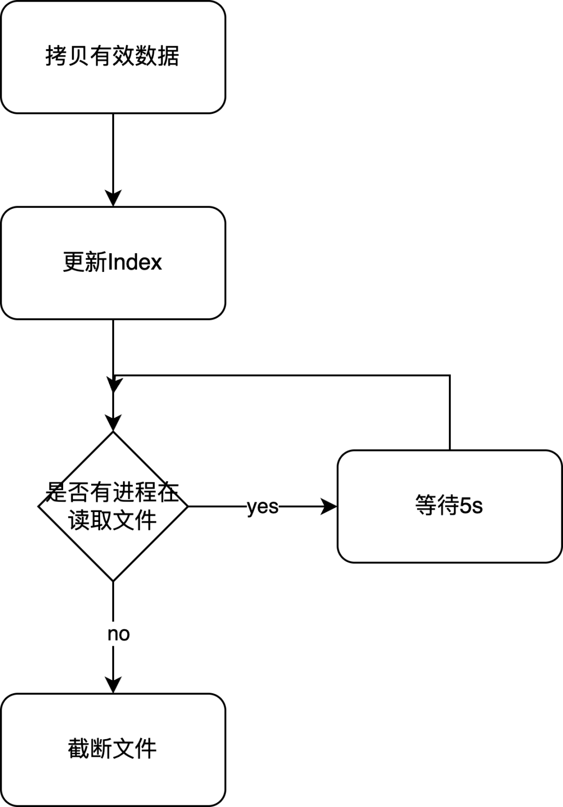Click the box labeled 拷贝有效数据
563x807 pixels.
tap(113, 56)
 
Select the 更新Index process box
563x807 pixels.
tap(113, 263)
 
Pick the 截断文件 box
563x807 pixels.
tap(113, 750)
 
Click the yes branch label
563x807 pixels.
tap(263, 506)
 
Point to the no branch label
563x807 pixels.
tap(118, 633)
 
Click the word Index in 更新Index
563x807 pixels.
tap(134, 262)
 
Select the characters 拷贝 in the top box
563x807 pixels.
tap(68, 56)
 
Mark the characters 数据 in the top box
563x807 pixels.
tap(157, 56)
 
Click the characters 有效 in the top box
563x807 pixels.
tap(112, 56)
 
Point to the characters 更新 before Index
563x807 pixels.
tap(84, 262)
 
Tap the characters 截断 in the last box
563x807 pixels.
tap(90, 749)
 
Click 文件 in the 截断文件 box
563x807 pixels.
tap(134, 749)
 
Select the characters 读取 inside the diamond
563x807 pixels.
tap(90, 520)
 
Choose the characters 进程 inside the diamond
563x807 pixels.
tap(135, 491)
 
